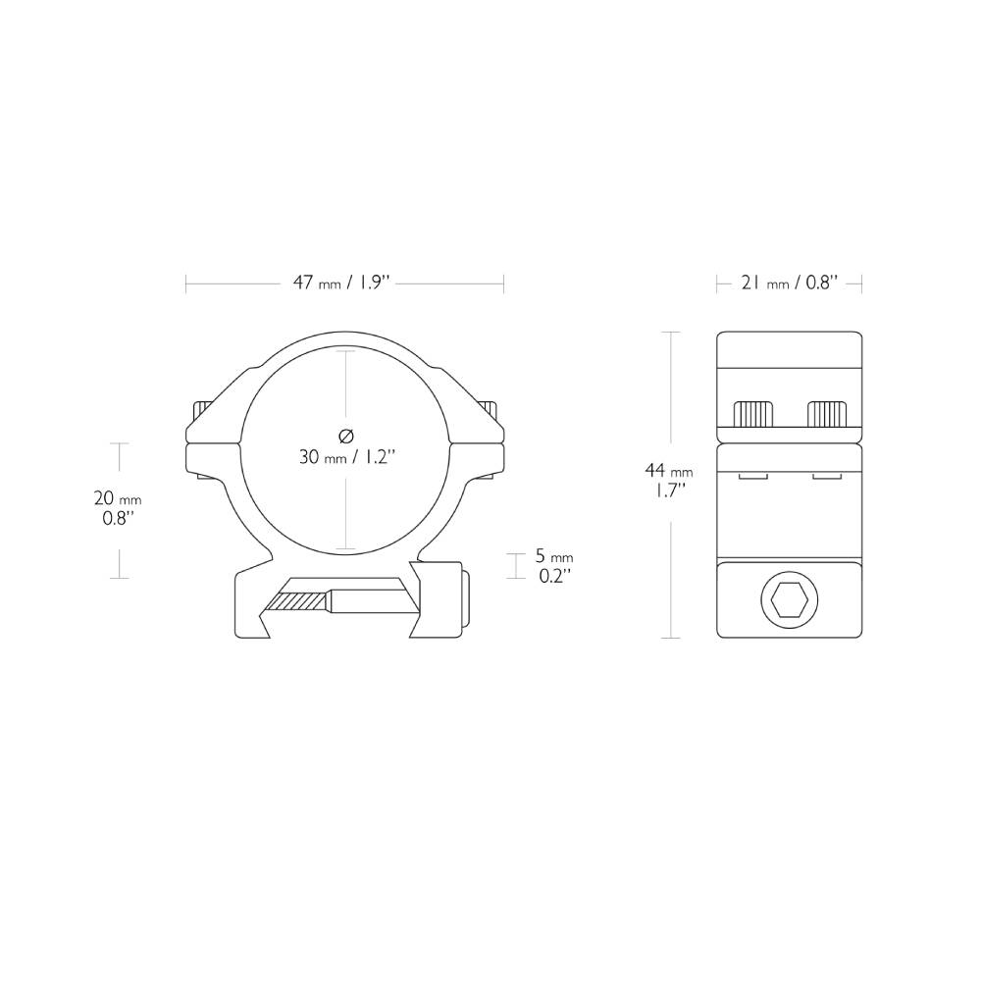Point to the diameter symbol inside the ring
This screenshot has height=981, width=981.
pyautogui.click(x=345, y=436)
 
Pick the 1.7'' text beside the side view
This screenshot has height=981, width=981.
pyautogui.click(x=668, y=490)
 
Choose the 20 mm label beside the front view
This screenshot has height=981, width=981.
pyautogui.click(x=118, y=498)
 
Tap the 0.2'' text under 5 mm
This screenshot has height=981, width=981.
pyautogui.click(x=555, y=576)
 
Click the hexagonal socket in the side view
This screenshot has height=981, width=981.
pyautogui.click(x=788, y=600)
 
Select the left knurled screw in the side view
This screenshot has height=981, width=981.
pyautogui.click(x=754, y=415)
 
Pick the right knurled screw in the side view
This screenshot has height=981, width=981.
pyautogui.click(x=827, y=415)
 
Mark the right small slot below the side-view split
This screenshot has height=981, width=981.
pyautogui.click(x=826, y=477)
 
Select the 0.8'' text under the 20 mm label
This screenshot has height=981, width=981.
pyautogui.click(x=118, y=518)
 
